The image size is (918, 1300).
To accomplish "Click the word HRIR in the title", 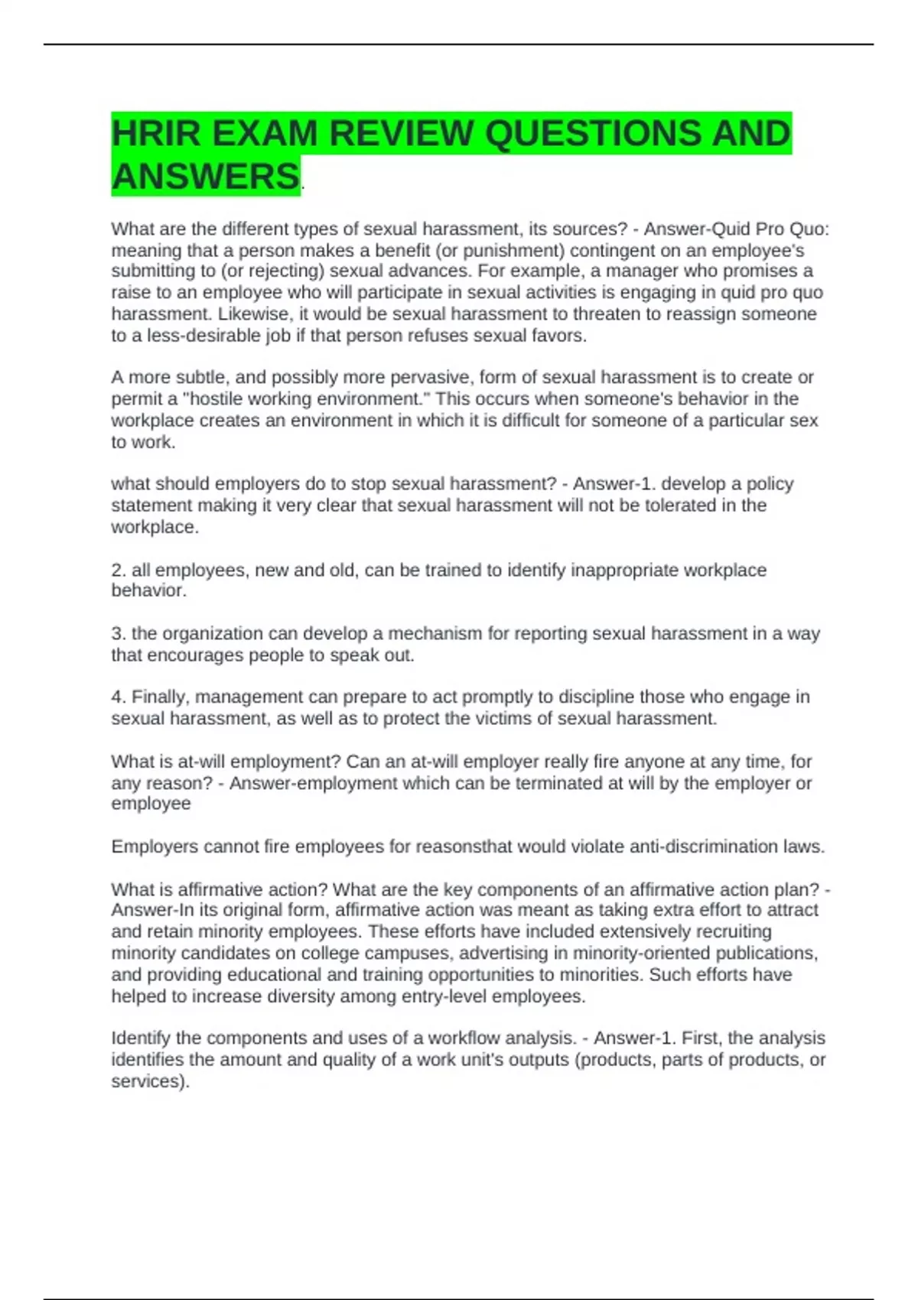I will point(155,134).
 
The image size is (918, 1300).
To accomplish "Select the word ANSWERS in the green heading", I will point(205,177).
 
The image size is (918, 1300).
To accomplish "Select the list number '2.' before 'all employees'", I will point(119,570).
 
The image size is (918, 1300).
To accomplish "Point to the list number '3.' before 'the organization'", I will point(119,634).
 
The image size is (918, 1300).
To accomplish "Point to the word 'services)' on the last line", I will point(149,1081).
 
